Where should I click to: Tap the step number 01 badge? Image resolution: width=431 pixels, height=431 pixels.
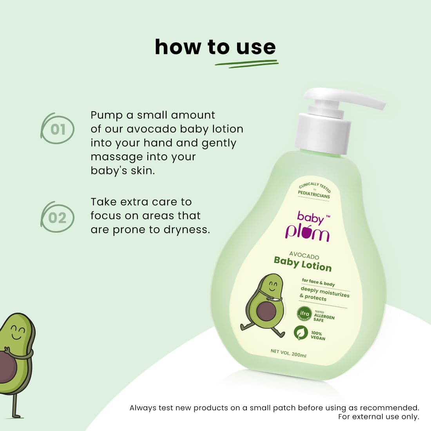point(58,129)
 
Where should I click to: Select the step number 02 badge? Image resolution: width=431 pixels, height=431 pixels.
point(58,217)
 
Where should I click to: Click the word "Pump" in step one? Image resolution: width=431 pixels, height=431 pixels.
point(106,115)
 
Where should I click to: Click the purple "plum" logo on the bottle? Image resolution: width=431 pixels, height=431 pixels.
point(307,232)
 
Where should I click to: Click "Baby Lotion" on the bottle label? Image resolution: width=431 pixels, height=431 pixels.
point(302,264)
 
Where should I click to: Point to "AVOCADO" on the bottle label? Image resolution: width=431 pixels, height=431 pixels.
point(304,255)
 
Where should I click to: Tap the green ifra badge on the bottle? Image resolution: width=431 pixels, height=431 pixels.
point(304,314)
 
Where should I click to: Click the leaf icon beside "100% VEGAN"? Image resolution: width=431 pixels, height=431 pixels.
point(301,333)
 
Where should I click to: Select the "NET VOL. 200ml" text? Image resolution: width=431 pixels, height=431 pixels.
point(288,353)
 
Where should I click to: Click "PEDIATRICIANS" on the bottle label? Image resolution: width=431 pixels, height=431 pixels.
point(314,194)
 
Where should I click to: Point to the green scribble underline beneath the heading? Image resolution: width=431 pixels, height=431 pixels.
point(247,64)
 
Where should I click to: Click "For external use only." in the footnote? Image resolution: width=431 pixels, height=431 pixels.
point(378,417)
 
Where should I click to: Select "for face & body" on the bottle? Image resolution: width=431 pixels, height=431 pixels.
point(318,282)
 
